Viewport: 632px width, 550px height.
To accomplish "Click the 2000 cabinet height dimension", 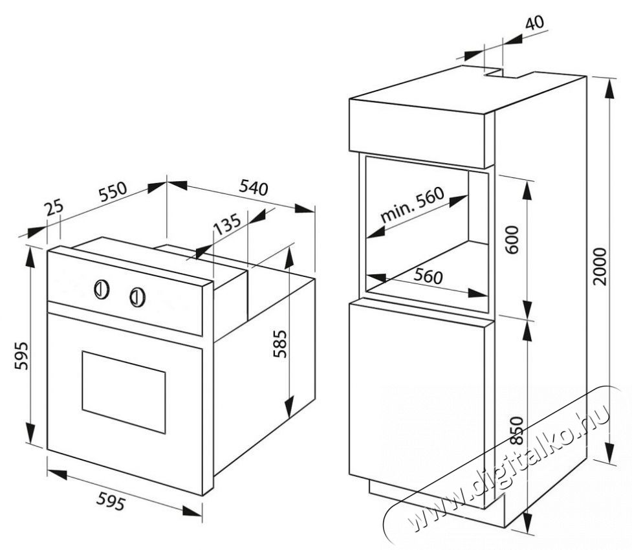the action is [x=600, y=267].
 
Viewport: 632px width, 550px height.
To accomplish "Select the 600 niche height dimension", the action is [x=512, y=240].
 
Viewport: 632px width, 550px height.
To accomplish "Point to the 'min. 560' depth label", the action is [x=412, y=204].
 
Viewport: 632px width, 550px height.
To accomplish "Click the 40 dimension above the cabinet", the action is [x=534, y=23].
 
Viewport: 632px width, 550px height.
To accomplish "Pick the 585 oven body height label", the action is [x=279, y=344].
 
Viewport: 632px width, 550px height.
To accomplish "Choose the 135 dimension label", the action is [x=227, y=223].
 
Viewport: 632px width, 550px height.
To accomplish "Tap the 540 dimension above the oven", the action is [x=254, y=188].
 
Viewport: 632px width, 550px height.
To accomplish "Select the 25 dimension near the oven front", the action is [x=54, y=208].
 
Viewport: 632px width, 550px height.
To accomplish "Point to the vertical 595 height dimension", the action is [x=21, y=356].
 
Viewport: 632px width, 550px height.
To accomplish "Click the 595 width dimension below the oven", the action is [x=111, y=502].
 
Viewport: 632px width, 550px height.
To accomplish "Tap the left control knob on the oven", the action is [x=102, y=289].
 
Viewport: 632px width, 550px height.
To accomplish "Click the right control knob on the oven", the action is [x=137, y=297].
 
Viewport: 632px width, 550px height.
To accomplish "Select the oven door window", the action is [x=124, y=392].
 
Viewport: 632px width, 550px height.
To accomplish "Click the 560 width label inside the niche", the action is [x=428, y=276].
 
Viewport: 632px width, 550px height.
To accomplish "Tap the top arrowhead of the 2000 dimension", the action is [x=610, y=86].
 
